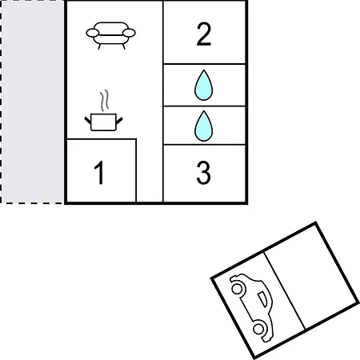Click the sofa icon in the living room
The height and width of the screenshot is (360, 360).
tap(110, 35)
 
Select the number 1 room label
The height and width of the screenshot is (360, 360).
tap(99, 173)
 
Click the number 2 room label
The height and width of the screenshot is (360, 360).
tap(204, 34)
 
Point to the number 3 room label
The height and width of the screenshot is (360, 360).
tap(203, 173)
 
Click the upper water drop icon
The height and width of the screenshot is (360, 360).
tap(204, 85)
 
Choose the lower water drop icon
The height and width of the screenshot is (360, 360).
tap(204, 126)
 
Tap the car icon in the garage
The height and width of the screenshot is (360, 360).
tap(252, 306)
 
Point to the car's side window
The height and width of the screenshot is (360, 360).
tap(262, 299)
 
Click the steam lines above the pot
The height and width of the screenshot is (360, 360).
tap(105, 100)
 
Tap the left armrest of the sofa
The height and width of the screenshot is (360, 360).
tap(93, 33)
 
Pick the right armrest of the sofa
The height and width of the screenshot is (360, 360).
tap(129, 33)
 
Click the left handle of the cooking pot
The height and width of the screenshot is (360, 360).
tap(88, 121)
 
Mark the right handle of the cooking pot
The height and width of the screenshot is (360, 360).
tap(119, 121)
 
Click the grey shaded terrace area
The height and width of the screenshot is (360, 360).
tap(32, 102)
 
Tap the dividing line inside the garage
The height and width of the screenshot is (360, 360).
tap(285, 290)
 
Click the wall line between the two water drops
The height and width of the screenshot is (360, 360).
tap(204, 106)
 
